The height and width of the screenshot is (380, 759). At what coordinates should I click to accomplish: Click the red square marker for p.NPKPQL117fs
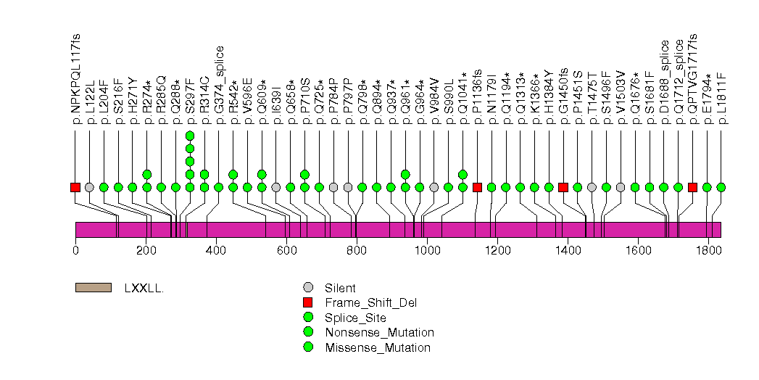(x=75, y=187)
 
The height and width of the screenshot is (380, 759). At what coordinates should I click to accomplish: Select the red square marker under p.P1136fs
(x=477, y=187)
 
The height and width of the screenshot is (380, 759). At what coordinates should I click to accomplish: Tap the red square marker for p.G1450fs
(x=563, y=187)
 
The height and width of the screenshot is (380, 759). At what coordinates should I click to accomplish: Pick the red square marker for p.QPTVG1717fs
(x=692, y=187)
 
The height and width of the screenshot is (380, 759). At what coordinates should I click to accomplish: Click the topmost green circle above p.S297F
(x=190, y=136)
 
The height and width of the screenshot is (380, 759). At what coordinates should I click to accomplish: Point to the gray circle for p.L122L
(x=89, y=187)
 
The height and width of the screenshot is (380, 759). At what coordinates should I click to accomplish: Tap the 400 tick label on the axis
(x=216, y=250)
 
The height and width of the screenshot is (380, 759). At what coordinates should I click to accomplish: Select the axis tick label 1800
(x=708, y=250)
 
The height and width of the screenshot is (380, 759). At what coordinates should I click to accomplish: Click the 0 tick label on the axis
(x=75, y=250)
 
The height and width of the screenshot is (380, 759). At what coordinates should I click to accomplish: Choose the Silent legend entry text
(x=340, y=288)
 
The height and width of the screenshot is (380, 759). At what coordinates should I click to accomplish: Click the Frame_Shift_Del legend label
(x=361, y=302)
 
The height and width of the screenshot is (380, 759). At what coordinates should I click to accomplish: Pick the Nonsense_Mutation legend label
(x=370, y=332)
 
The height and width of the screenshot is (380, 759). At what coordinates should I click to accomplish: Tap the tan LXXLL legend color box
(x=94, y=287)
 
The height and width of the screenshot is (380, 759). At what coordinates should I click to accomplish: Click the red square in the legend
(x=308, y=302)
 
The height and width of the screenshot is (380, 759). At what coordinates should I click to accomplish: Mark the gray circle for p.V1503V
(x=621, y=187)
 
